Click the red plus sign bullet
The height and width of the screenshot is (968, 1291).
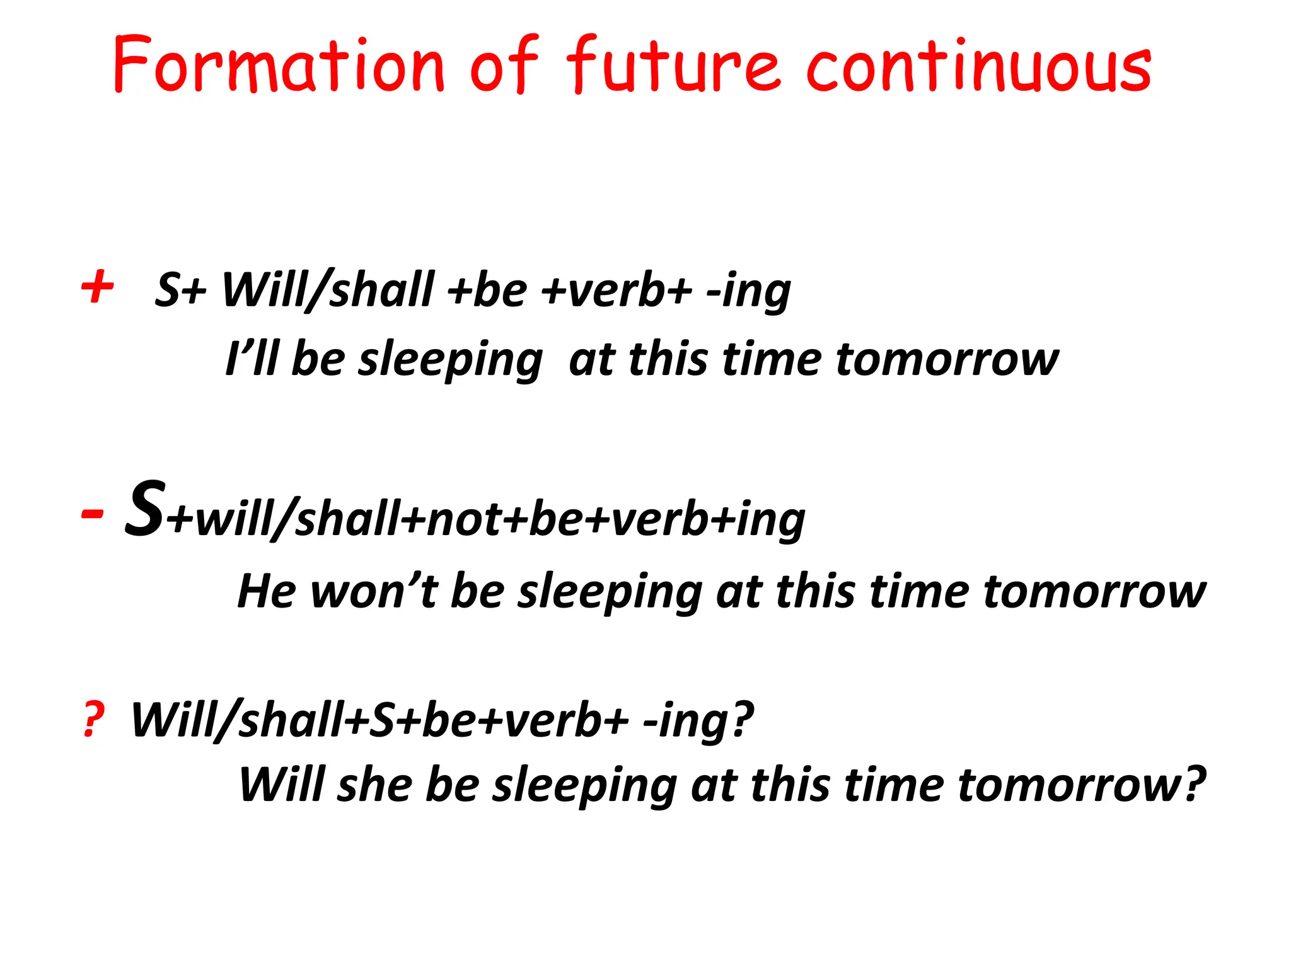(x=98, y=287)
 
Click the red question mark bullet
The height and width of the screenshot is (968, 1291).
(x=93, y=720)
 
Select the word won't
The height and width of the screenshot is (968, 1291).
(x=374, y=591)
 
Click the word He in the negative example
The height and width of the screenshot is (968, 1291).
(x=266, y=591)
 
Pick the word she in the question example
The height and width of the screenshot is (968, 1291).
(x=374, y=785)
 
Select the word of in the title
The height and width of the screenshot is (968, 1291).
(x=504, y=66)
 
